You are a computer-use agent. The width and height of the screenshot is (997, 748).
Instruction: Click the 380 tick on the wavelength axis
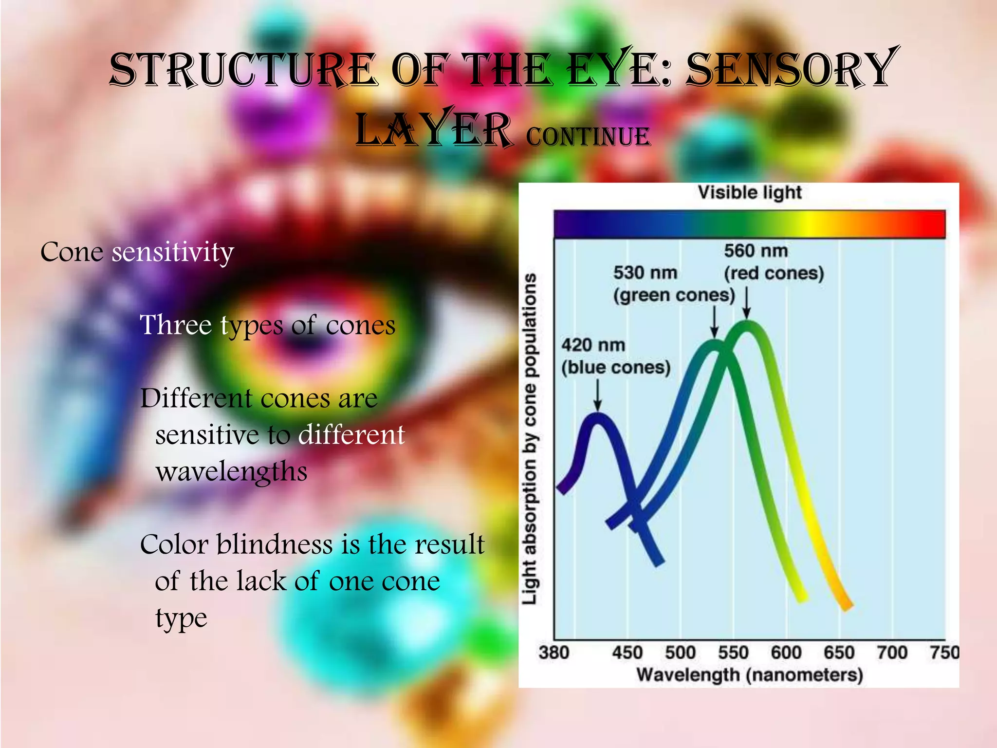click(554, 652)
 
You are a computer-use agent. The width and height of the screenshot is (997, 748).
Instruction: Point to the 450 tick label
click(628, 652)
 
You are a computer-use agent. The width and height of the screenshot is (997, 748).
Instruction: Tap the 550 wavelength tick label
click(733, 652)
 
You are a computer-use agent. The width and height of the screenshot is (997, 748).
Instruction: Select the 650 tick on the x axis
click(839, 652)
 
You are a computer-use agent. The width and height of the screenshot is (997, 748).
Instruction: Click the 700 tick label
click(892, 652)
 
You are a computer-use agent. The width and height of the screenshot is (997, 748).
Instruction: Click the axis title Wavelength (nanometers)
click(750, 675)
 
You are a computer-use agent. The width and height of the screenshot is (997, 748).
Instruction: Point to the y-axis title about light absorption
click(530, 438)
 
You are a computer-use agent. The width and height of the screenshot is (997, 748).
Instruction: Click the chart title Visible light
click(750, 192)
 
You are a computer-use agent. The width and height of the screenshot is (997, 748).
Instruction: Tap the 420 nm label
click(593, 345)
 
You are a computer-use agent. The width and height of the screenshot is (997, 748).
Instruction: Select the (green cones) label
click(674, 295)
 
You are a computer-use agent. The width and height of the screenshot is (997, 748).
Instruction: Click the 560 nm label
click(756, 251)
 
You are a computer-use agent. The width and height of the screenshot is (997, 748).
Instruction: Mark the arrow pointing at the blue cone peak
click(598, 394)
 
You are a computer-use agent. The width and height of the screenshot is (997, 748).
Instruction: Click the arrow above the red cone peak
click(747, 302)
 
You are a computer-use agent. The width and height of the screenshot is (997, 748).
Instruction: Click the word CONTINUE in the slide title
click(588, 136)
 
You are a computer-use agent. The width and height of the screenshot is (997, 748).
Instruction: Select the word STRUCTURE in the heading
click(243, 71)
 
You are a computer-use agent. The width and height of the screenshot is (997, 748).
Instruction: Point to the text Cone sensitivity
click(137, 252)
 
